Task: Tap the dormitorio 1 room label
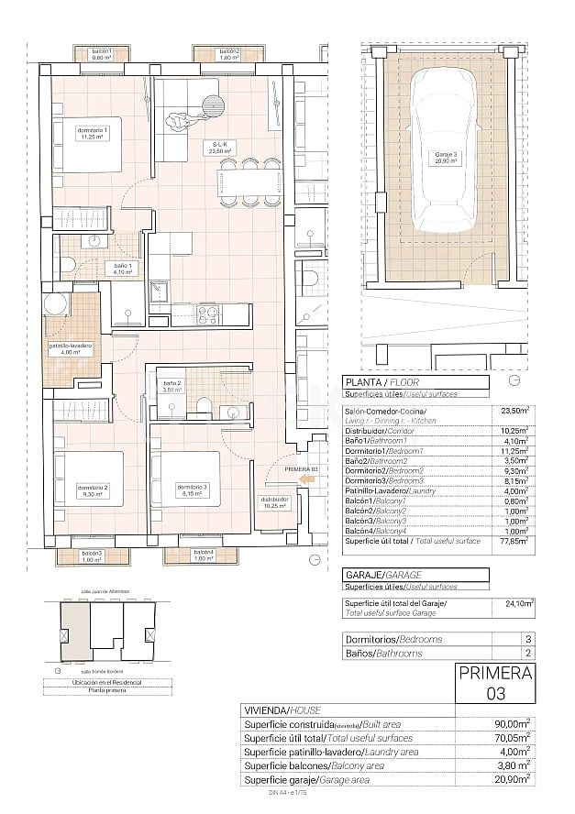tap(93, 135)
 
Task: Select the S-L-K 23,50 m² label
tap(220, 148)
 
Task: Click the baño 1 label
tap(98, 268)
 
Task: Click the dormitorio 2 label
tap(93, 490)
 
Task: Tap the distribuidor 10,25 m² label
tap(273, 502)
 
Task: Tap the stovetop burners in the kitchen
tap(206, 315)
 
